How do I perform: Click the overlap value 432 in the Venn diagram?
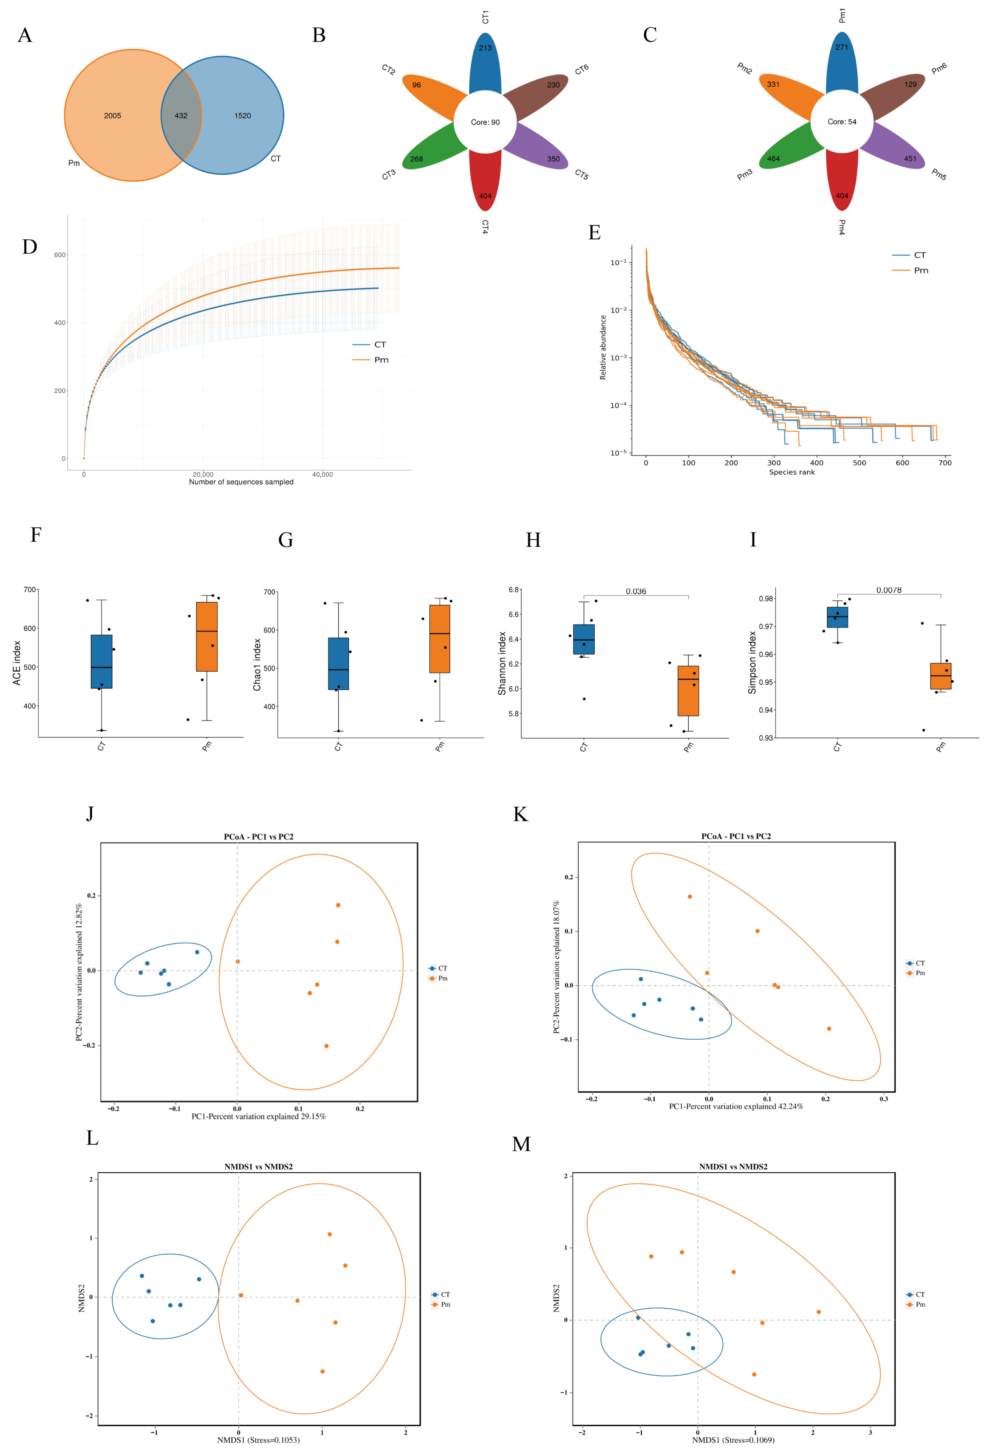click(181, 116)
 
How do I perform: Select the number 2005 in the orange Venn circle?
click(113, 116)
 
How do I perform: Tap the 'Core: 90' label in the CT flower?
click(485, 122)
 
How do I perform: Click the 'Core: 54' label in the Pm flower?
click(842, 121)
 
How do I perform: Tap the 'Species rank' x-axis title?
click(792, 472)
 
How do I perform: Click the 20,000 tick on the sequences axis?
click(203, 474)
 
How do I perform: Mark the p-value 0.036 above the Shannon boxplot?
click(636, 591)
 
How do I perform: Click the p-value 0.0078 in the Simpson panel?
click(889, 590)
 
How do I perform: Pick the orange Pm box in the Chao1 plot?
click(439, 638)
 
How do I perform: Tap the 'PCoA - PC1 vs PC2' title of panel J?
click(259, 836)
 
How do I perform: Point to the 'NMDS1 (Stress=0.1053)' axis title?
click(259, 1440)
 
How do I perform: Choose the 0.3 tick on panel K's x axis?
click(883, 1099)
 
